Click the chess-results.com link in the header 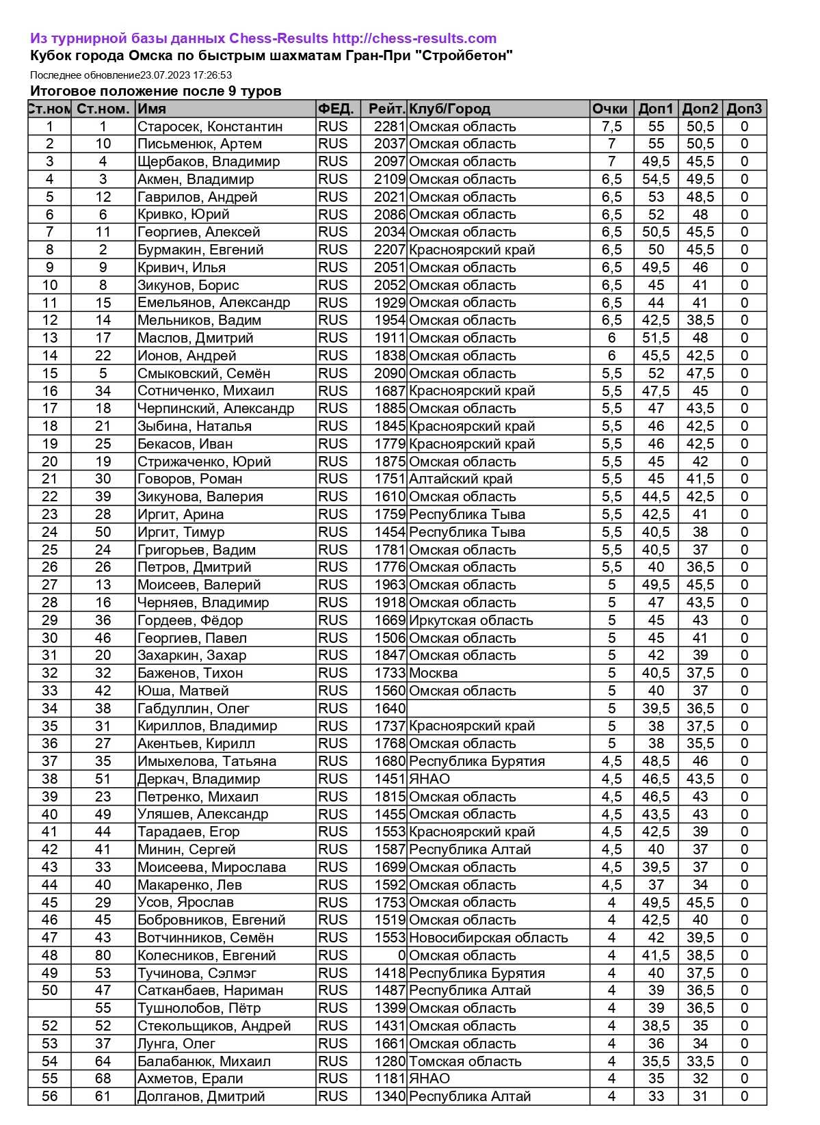[414, 38]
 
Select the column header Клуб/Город [449, 109]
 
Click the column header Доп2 [700, 109]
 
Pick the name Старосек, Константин [210, 127]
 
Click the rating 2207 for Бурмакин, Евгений [390, 250]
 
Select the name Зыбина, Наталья [194, 426]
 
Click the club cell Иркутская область [471, 620]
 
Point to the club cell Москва [433, 673]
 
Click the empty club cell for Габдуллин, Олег [499, 709]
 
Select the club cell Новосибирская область [488, 938]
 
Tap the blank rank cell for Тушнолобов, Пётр [49, 1008]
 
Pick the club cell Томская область [465, 1061]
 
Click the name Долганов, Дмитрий [201, 1096]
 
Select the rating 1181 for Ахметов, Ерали [390, 1078]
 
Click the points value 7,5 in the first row [611, 127]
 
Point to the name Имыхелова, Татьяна [207, 761]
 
